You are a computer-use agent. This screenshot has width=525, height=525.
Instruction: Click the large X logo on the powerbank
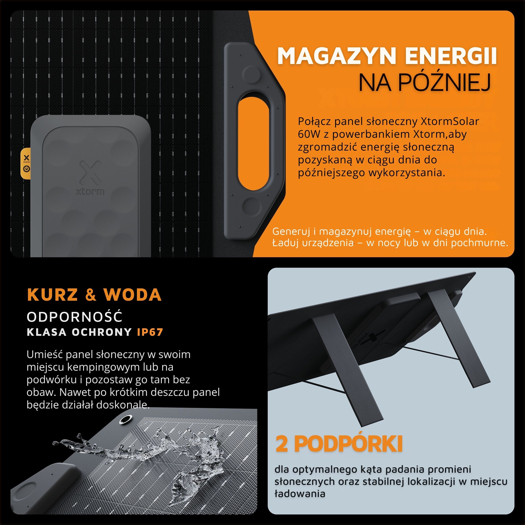[x=91, y=172]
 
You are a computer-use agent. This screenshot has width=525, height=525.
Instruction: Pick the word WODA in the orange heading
[x=132, y=295]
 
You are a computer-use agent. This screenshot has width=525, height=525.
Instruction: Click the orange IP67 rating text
[x=150, y=332]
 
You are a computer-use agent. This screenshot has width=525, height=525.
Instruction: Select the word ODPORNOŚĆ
[x=75, y=317]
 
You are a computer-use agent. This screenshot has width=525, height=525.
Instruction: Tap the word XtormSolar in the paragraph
[x=450, y=121]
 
